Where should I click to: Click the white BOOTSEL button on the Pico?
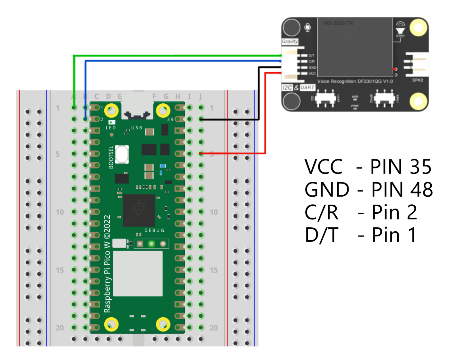click(122, 154)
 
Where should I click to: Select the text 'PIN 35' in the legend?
click(401, 167)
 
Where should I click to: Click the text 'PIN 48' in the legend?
click(402, 190)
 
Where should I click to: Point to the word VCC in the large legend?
click(324, 167)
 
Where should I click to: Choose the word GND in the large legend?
click(327, 190)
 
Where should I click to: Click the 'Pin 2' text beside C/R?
click(394, 212)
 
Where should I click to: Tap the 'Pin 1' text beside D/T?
click(394, 235)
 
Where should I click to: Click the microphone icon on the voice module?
click(307, 28)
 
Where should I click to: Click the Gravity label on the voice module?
click(290, 41)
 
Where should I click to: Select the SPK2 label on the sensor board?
click(418, 80)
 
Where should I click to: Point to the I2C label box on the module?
click(287, 88)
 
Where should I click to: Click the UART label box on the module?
click(307, 88)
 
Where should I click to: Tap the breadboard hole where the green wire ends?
click(74, 107)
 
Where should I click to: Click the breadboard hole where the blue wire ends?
click(85, 119)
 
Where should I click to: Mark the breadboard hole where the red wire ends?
click(201, 154)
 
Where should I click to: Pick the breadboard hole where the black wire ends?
click(201, 119)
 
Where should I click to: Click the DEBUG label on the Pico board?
click(154, 230)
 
